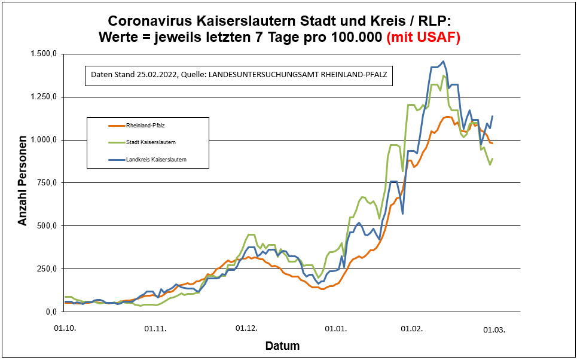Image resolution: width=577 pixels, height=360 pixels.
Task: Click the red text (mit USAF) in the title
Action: [x=423, y=37]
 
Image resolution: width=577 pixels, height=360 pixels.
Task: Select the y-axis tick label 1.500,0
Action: [x=43, y=54]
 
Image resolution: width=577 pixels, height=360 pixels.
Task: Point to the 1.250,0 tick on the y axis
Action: [x=43, y=97]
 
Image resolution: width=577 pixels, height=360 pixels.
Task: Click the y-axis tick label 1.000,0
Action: [x=43, y=140]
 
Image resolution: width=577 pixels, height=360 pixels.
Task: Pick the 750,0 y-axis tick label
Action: [x=47, y=183]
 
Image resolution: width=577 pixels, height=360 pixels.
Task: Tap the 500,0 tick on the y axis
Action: [x=47, y=226]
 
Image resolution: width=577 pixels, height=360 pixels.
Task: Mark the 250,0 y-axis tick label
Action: [x=47, y=269]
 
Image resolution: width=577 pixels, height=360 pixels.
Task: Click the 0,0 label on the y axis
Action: [x=50, y=312]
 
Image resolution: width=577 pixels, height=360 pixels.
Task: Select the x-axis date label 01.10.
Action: [x=64, y=328]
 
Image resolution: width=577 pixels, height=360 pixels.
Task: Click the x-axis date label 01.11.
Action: [x=156, y=328]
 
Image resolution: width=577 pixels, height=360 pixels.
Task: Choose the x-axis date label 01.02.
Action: [x=411, y=328]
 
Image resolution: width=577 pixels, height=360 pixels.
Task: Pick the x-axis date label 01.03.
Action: [x=495, y=328]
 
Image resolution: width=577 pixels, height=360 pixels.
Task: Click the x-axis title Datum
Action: [x=282, y=346]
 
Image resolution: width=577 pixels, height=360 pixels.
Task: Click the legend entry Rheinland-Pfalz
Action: [x=146, y=126]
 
